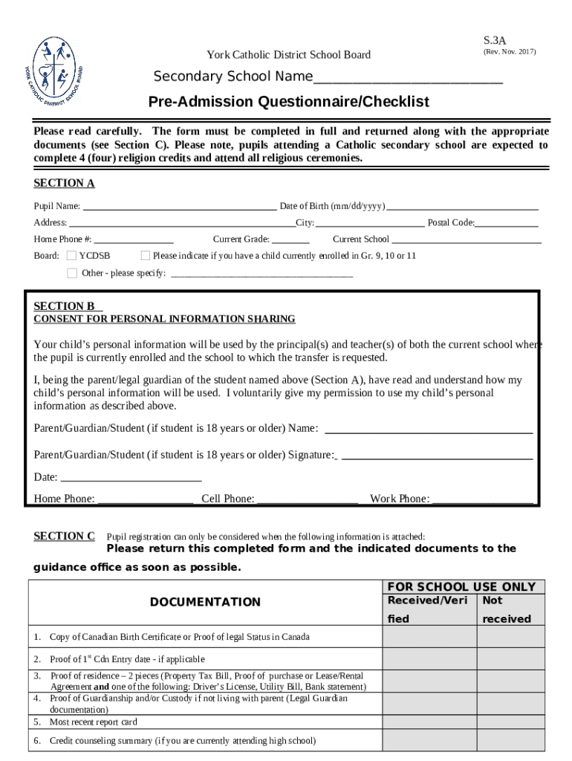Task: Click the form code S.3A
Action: point(494,39)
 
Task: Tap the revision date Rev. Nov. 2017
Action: point(509,52)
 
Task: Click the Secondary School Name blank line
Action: point(408,81)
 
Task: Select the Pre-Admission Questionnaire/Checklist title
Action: point(288,102)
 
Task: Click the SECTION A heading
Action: point(64,184)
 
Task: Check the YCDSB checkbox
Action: point(72,256)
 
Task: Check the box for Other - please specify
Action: point(72,273)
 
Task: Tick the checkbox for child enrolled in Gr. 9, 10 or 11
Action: point(146,256)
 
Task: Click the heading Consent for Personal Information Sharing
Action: point(164,320)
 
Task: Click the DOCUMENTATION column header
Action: point(205,602)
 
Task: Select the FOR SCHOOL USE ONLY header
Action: point(461,587)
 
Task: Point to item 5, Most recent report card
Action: point(93,722)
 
